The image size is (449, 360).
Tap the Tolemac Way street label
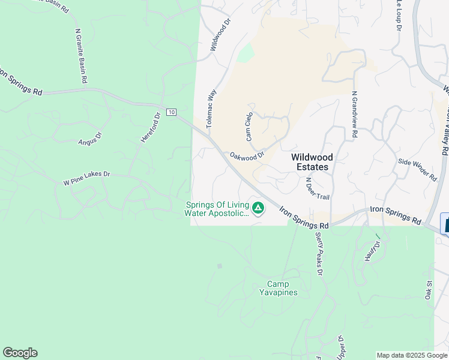pyautogui.click(x=211, y=109)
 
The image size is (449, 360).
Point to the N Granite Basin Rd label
pyautogui.click(x=82, y=56)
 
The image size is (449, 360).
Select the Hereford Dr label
pyautogui.click(x=151, y=127)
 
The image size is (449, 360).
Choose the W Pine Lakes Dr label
pyautogui.click(x=87, y=174)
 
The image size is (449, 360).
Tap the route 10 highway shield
pyautogui.click(x=172, y=112)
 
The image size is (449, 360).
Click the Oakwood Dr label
pyautogui.click(x=247, y=156)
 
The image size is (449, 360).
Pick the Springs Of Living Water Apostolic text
pyautogui.click(x=217, y=208)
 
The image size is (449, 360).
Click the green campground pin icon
pyautogui.click(x=258, y=208)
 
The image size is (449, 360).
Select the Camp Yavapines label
pyautogui.click(x=278, y=288)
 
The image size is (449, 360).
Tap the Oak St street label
pyautogui.click(x=429, y=290)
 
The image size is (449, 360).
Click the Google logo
pyautogui.click(x=20, y=353)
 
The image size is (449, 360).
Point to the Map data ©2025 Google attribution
pyautogui.click(x=412, y=355)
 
